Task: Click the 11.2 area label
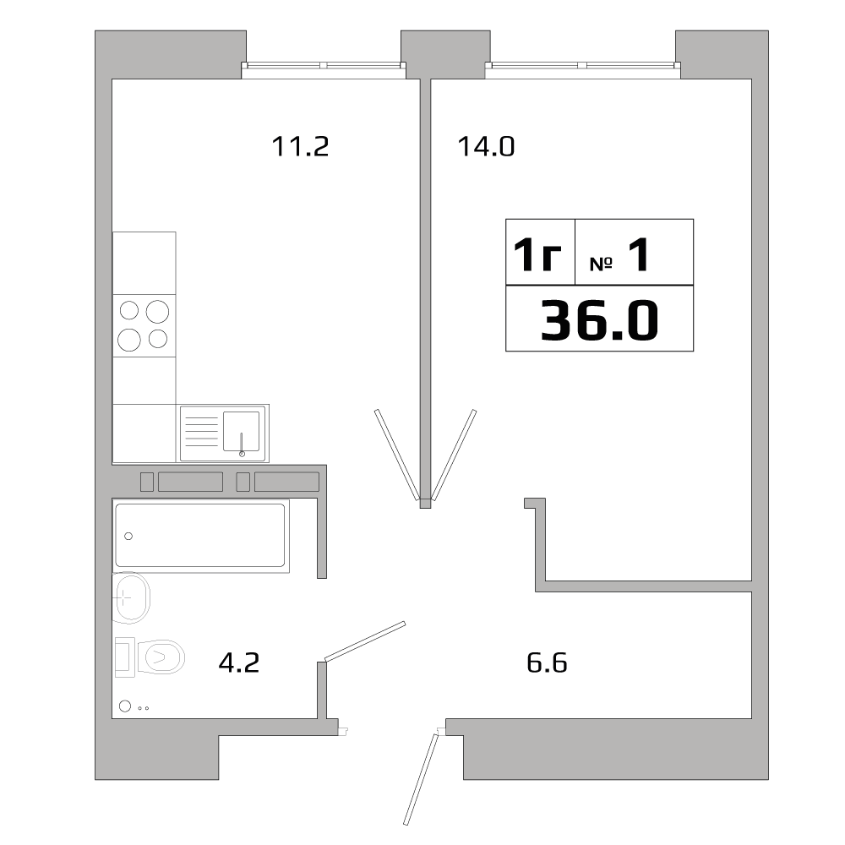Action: [299, 147]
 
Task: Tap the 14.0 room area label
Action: [486, 147]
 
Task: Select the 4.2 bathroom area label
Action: [238, 662]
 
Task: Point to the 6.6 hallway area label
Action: [547, 662]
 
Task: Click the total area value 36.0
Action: [599, 320]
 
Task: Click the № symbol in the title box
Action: [600, 264]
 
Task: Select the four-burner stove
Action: [144, 325]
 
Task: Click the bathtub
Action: [200, 534]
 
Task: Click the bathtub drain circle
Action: [129, 536]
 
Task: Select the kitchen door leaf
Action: [395, 454]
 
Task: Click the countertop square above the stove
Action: [144, 263]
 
